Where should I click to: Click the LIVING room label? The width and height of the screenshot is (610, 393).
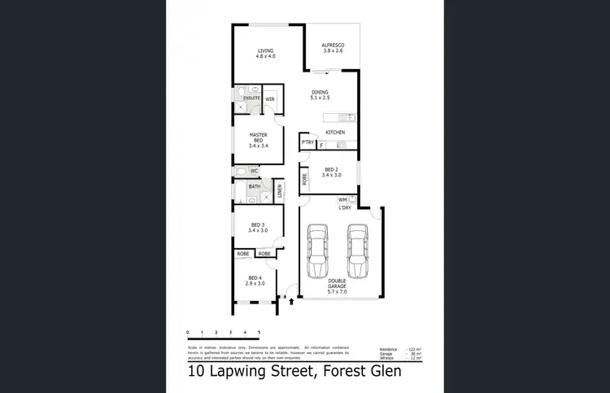[266, 53]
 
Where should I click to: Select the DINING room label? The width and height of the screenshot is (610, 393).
[320, 96]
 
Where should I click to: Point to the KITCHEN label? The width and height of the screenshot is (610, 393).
[335, 132]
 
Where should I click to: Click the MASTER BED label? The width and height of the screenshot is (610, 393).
[258, 140]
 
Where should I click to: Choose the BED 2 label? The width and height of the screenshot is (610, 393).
[331, 172]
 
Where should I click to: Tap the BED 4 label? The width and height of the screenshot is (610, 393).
[257, 281]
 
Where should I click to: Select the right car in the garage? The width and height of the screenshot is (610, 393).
[357, 250]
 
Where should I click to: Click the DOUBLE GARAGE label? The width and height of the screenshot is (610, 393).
[337, 285]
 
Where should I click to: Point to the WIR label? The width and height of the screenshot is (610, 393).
[269, 98]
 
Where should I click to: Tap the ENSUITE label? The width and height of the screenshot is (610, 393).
[251, 98]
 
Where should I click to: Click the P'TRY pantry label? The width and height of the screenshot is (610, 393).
[307, 143]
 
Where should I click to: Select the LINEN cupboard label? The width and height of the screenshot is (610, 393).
[278, 192]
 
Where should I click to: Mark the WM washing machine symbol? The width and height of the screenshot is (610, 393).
[343, 199]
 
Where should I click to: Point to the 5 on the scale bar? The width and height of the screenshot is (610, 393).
[259, 333]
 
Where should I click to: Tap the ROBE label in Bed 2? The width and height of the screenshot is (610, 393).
[304, 179]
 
